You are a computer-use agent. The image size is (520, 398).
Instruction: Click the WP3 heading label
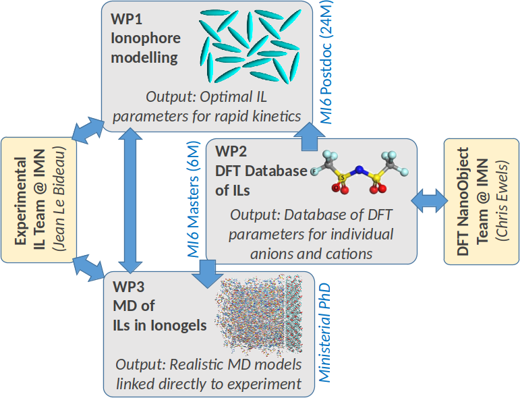(129, 287)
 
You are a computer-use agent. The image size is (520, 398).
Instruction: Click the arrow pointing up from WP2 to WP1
(309, 136)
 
